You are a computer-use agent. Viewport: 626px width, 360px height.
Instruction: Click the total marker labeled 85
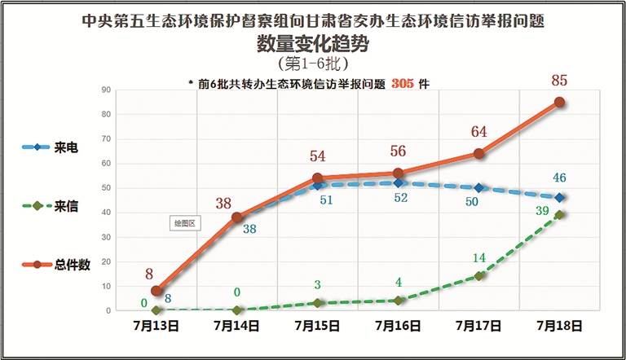(560, 103)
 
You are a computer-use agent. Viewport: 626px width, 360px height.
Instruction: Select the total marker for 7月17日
(479, 153)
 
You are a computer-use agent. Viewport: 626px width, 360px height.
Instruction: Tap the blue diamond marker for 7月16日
(398, 183)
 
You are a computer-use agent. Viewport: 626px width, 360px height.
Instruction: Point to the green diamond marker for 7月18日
(560, 215)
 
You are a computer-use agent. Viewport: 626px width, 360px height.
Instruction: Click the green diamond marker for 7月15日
(317, 303)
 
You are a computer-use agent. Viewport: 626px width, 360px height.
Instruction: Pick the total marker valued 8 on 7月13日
(156, 291)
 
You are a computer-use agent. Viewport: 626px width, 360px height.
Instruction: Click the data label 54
(317, 157)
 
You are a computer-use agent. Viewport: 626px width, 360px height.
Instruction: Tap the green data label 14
(478, 257)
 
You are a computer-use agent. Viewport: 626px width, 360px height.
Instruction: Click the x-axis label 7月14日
(236, 326)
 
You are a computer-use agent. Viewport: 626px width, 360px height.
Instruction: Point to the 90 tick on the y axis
(106, 90)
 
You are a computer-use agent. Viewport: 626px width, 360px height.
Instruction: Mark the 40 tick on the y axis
(106, 213)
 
